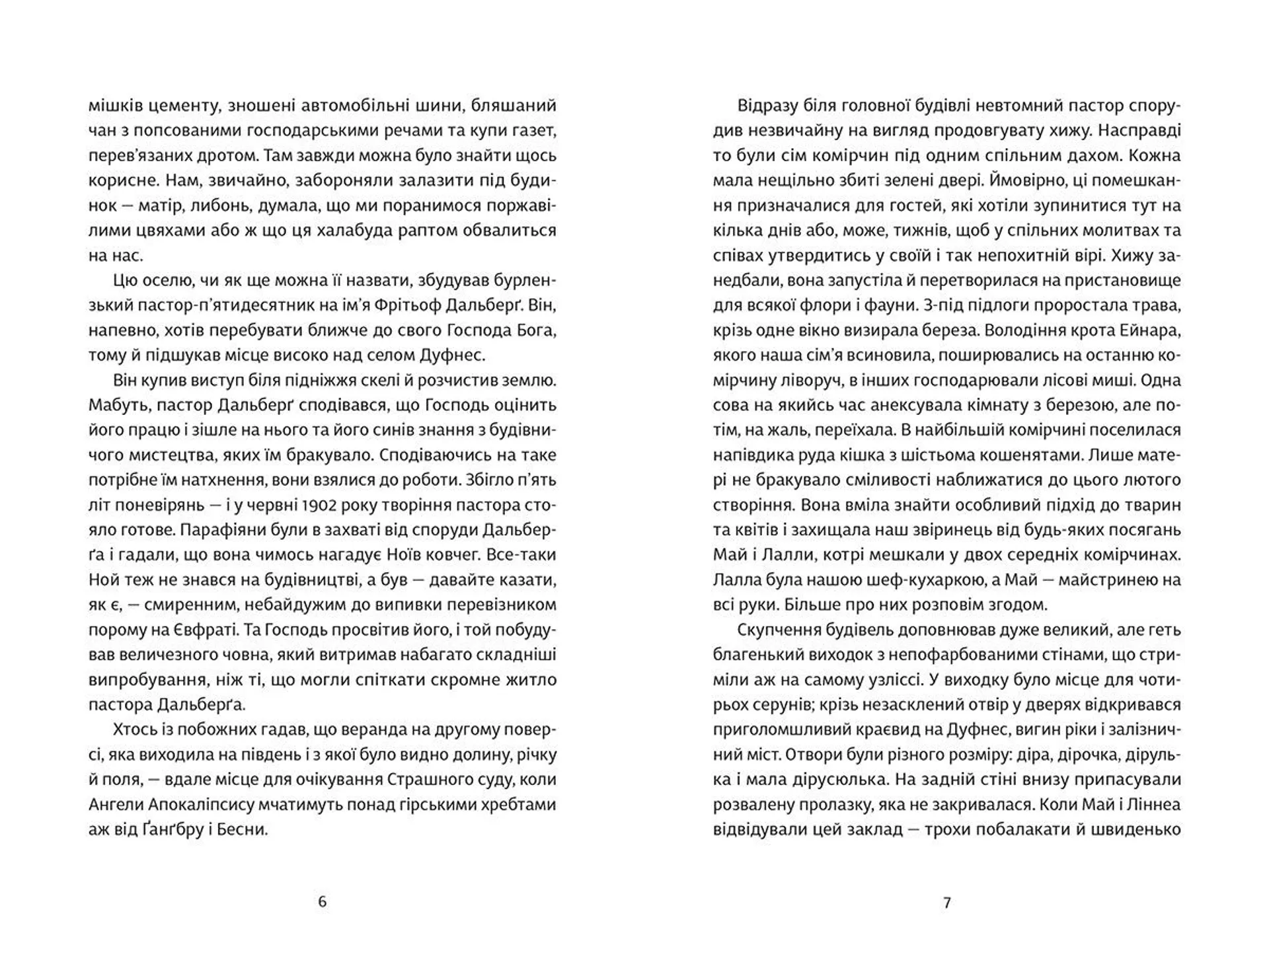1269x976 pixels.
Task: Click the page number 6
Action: [x=323, y=901]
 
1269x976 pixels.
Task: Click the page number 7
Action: [x=947, y=902]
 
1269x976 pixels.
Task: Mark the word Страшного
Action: [x=423, y=779]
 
